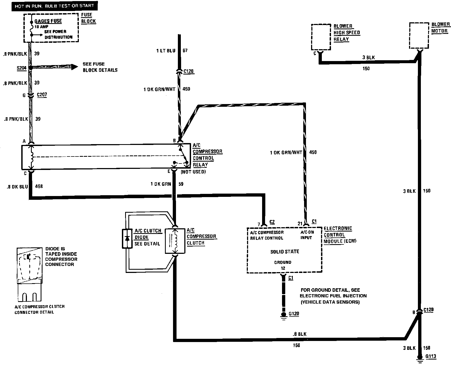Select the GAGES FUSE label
coord(48,21)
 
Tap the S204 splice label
coord(21,68)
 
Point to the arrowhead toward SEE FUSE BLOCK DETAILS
coord(73,67)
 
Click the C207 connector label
coord(42,95)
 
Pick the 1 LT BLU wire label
coord(166,51)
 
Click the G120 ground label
coord(294,314)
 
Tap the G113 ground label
coord(431,356)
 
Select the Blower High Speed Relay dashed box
coord(321,37)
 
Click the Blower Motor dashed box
coord(419,35)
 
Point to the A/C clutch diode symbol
coord(128,238)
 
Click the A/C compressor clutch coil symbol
coord(175,241)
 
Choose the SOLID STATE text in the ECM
coord(284,252)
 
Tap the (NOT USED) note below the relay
coord(193,172)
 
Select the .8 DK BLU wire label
coord(17,186)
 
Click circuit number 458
coord(39,186)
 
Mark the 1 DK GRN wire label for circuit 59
coord(161,184)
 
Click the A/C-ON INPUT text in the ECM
coord(307,235)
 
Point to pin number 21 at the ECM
coord(300,223)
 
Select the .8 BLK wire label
coord(300,334)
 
